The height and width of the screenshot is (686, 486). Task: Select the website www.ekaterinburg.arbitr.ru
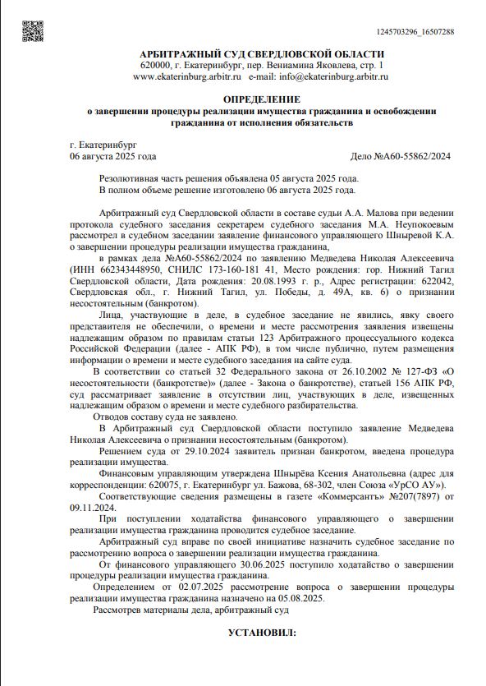point(186,76)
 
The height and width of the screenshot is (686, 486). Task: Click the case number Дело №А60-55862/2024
point(400,156)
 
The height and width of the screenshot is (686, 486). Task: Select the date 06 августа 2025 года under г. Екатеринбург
point(113,156)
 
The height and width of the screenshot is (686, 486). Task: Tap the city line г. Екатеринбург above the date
point(103,145)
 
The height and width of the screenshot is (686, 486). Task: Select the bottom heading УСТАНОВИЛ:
point(261,633)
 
